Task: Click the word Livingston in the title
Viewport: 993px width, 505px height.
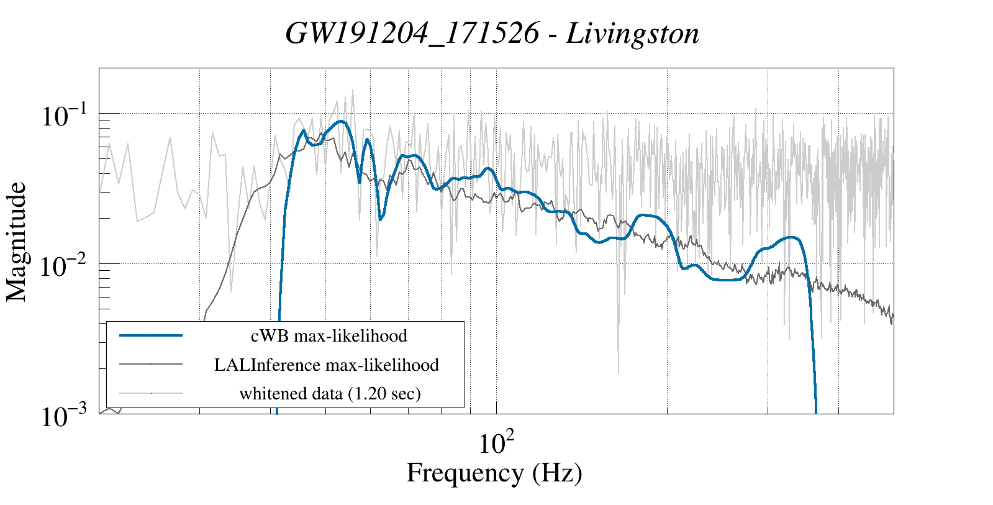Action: pos(633,34)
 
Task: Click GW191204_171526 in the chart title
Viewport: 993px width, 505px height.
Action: pos(412,34)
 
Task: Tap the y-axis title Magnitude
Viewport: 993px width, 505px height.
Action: pos(17,242)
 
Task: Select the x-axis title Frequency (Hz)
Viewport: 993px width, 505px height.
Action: pos(494,473)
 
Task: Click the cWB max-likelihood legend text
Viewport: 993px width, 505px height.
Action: pos(329,336)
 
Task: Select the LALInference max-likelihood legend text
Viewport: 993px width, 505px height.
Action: pos(327,365)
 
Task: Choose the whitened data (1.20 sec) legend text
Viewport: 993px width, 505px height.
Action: pos(330,393)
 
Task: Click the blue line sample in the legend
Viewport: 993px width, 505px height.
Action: pos(151,335)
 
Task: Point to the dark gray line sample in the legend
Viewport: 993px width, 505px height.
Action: pos(151,364)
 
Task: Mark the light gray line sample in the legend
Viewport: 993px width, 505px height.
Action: pos(151,393)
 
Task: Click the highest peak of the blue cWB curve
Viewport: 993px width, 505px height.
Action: pos(340,122)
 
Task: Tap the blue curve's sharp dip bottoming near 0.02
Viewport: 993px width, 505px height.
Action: pos(380,219)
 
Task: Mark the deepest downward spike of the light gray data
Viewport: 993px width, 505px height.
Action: pos(619,373)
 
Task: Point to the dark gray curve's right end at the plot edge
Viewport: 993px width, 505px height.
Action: pos(892,319)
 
